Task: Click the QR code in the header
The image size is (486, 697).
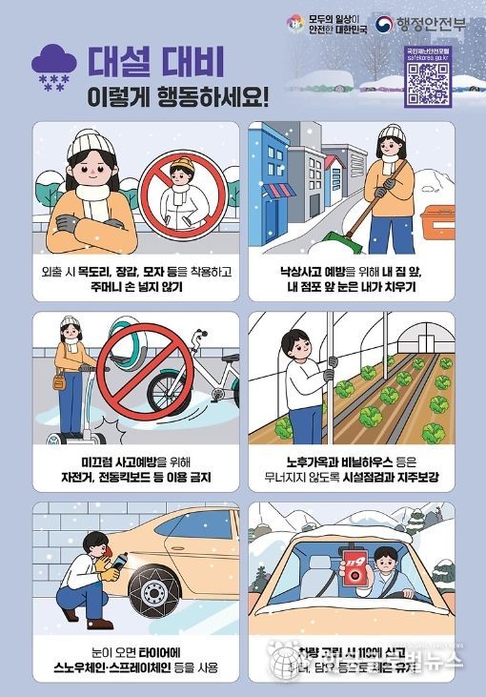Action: tap(428, 84)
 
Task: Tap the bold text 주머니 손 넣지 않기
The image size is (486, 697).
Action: tap(134, 286)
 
